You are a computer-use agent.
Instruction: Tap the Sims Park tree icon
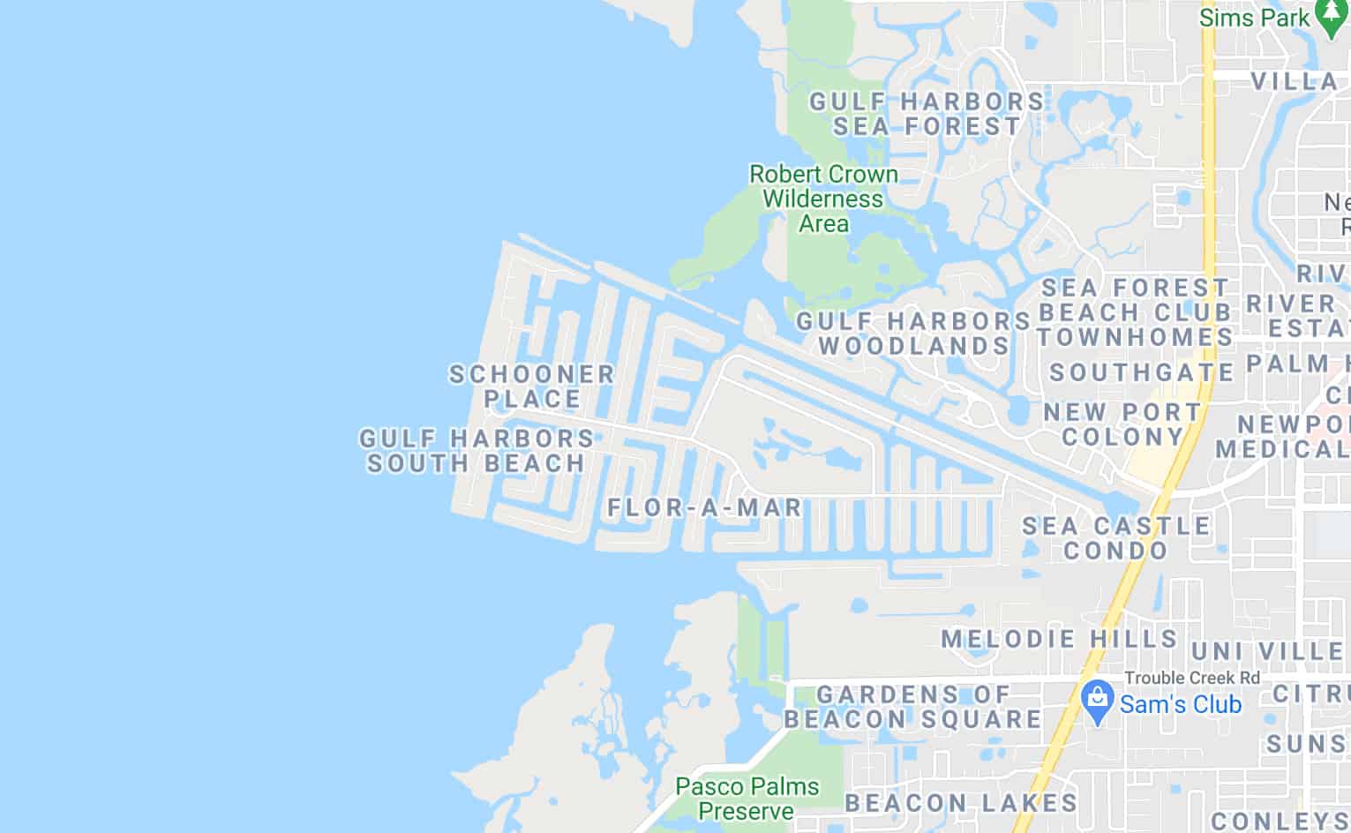coord(1330,16)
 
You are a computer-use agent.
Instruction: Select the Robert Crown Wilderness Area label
coord(823,199)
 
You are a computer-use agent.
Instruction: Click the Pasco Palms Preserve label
coord(747,798)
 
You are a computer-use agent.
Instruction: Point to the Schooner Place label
coord(533,386)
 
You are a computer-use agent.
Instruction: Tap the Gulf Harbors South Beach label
coord(477,450)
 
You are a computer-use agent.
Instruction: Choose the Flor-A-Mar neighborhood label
coord(705,507)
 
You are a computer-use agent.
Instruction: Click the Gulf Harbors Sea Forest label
coord(927,114)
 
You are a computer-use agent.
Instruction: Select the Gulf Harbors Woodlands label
coord(913,333)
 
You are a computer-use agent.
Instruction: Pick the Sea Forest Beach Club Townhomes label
coord(1135,312)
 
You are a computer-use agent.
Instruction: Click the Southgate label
coord(1142,372)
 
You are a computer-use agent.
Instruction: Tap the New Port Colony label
coord(1122,424)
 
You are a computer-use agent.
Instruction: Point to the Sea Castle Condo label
coord(1116,538)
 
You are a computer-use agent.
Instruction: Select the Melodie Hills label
coord(1060,639)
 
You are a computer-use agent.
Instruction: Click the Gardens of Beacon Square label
coord(913,707)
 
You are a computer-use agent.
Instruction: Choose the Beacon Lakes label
coord(962,803)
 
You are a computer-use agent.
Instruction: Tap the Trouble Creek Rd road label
coord(1192,678)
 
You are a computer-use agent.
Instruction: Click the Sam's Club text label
coord(1181,704)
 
